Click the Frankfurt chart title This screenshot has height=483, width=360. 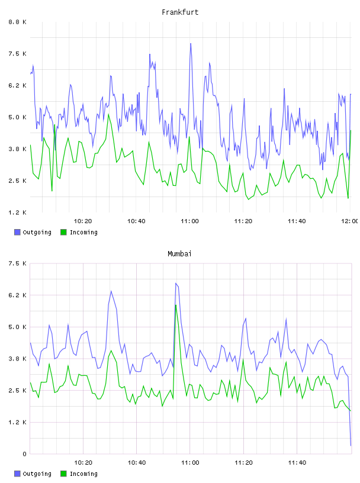(180, 12)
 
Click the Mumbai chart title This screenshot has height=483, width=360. (179, 254)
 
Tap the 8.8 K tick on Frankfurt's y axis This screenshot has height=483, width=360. (17, 22)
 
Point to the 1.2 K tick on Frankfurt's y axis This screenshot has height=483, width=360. (17, 212)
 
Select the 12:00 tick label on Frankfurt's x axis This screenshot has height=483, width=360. (349, 221)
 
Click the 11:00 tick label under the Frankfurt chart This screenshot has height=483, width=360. (190, 221)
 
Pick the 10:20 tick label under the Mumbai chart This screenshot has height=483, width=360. (83, 463)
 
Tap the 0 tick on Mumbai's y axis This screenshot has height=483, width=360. (24, 454)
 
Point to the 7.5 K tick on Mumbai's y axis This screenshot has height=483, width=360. (17, 263)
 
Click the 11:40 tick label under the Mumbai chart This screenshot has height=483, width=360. (297, 463)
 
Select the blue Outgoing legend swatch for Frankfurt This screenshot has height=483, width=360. (17, 232)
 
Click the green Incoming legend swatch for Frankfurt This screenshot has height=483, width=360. (63, 232)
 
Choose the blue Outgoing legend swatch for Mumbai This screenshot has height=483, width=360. (17, 474)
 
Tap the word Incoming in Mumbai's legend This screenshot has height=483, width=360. (83, 474)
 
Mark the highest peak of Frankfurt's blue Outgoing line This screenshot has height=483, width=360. (191, 43)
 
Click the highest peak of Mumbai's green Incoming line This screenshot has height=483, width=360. (176, 305)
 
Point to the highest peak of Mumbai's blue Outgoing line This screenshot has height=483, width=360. (176, 283)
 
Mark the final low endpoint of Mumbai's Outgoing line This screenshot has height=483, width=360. (351, 446)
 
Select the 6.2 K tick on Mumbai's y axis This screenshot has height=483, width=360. (17, 295)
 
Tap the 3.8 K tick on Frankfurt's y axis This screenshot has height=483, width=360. (17, 149)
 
